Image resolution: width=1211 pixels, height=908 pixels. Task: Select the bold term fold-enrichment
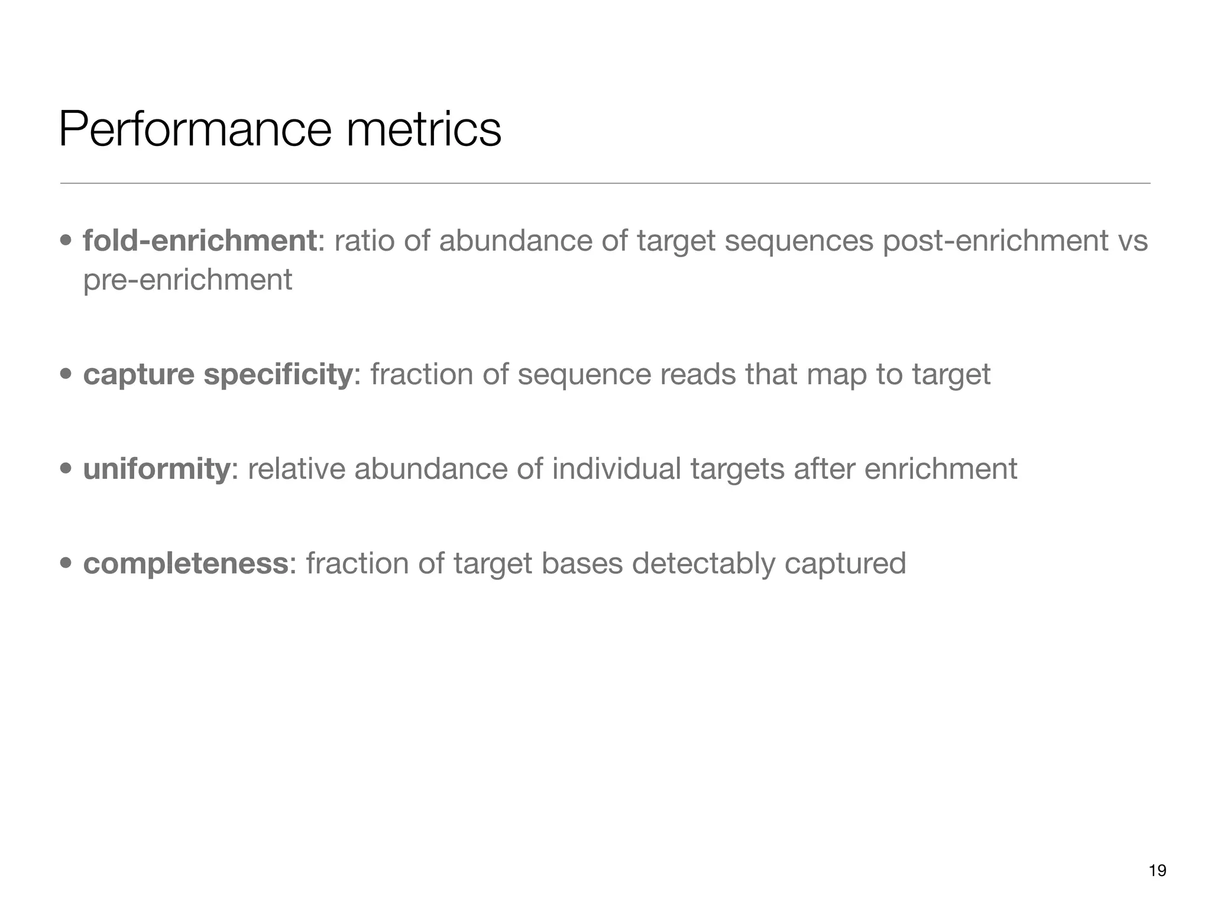(199, 241)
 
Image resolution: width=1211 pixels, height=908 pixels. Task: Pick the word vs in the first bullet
(1132, 241)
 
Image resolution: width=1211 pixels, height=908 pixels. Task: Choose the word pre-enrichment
(187, 280)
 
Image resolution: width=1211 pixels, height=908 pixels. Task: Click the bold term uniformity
(156, 469)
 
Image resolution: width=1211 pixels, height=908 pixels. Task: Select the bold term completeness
(185, 563)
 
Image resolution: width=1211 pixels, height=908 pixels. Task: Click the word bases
(581, 563)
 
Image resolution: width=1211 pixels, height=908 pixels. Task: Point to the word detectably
(703, 563)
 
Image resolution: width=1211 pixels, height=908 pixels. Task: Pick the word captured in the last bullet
(845, 563)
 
